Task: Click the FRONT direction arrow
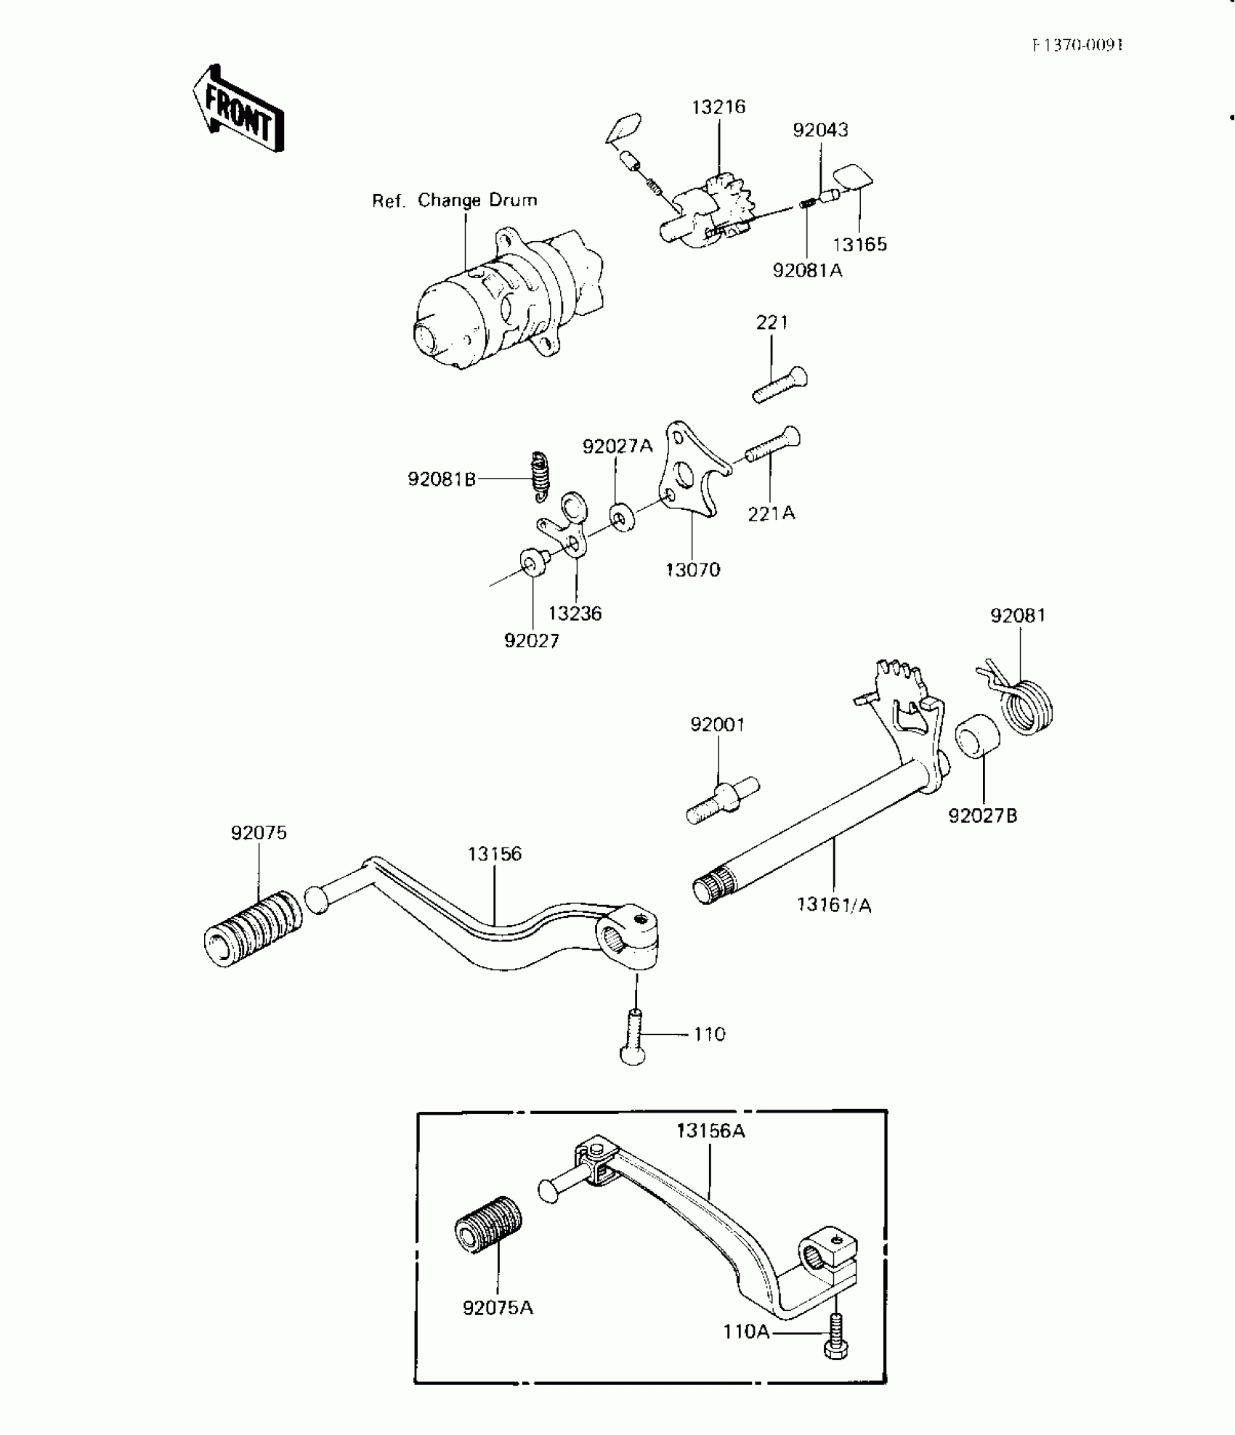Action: click(238, 110)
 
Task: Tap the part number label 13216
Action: click(718, 107)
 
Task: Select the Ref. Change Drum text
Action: click(455, 200)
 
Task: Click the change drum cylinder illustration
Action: click(501, 301)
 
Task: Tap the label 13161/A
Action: click(834, 905)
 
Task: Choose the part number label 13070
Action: click(693, 570)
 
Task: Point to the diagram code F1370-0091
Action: click(1077, 45)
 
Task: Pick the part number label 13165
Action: click(859, 244)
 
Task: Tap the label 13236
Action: click(575, 614)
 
